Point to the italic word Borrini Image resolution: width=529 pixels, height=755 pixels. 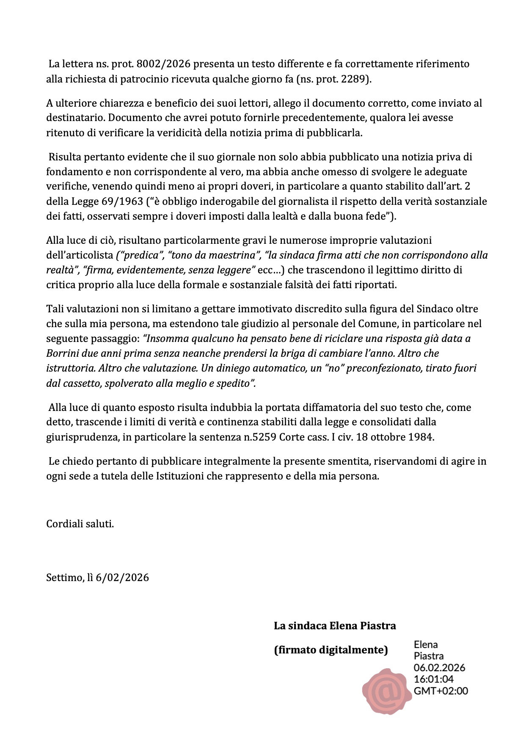point(64,353)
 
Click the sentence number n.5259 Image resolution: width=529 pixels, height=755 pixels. point(260,437)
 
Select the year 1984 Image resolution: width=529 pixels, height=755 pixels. point(421,437)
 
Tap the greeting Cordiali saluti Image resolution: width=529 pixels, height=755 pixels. point(80,524)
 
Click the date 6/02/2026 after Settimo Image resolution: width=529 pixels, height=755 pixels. point(122,578)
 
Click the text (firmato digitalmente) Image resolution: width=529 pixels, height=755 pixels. point(331,650)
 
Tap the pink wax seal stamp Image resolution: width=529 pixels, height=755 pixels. point(386,691)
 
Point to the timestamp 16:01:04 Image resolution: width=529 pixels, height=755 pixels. point(433,679)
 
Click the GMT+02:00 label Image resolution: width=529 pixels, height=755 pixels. point(441,691)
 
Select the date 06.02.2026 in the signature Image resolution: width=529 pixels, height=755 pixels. point(439,668)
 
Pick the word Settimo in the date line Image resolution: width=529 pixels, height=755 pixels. point(64,578)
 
